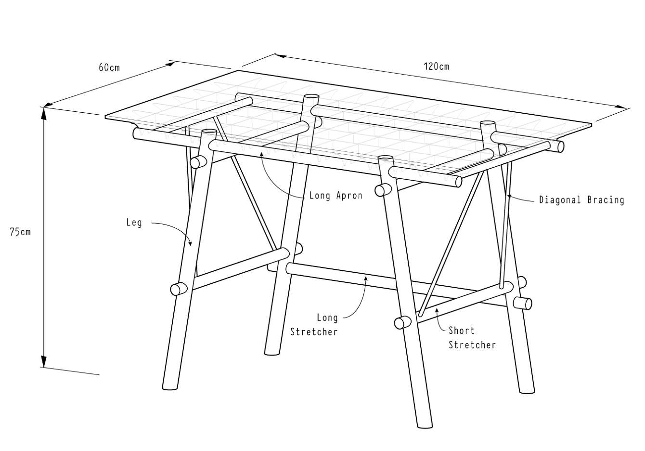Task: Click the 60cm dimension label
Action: click(x=109, y=67)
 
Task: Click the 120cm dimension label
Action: click(x=436, y=66)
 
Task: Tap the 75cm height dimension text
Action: click(x=20, y=232)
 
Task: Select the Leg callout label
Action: click(x=134, y=223)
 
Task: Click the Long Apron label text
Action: click(x=335, y=196)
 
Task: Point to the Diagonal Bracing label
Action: click(x=581, y=200)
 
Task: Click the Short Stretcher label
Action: click(x=472, y=338)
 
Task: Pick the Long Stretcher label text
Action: click(x=314, y=325)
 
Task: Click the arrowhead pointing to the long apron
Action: click(x=261, y=154)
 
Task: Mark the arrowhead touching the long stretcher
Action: click(x=366, y=278)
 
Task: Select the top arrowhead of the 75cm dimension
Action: click(x=44, y=114)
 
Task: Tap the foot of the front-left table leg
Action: click(x=170, y=387)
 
